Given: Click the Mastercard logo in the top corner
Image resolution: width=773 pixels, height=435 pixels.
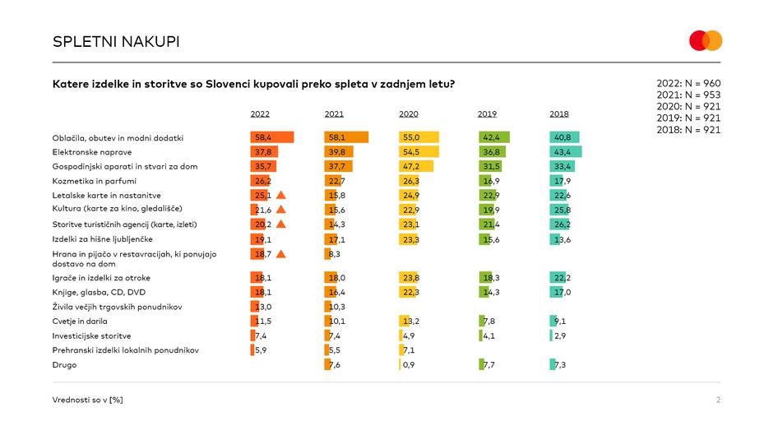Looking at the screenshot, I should point(706,40).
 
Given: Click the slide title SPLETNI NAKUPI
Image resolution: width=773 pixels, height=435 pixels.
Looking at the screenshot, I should point(116,41).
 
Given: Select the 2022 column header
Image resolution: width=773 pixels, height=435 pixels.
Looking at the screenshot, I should point(260,113).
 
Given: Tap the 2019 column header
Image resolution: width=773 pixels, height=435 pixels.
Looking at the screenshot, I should point(487,113).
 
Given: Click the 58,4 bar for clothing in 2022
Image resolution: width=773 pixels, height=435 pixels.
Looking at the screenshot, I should point(271,137).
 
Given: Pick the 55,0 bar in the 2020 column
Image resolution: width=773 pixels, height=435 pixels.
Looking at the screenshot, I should point(419,137).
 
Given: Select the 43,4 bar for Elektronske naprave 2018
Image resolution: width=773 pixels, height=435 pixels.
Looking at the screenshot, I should point(566,152).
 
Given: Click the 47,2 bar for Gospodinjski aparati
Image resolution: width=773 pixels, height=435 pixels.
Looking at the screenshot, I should point(415,166).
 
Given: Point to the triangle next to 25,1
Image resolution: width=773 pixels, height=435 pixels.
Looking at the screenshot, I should point(280,195).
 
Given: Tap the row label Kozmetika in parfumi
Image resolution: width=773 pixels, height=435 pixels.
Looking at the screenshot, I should point(95,181).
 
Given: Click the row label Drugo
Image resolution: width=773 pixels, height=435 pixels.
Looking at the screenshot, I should point(64,364).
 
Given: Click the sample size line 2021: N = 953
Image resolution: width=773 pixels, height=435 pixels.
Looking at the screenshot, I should point(688,95).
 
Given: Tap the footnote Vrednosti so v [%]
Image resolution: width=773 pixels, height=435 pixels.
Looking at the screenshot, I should point(87,400).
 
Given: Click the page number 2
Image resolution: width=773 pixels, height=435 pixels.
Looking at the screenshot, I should point(718,400).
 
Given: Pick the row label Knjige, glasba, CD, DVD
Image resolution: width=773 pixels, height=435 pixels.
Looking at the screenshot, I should point(100,292).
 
